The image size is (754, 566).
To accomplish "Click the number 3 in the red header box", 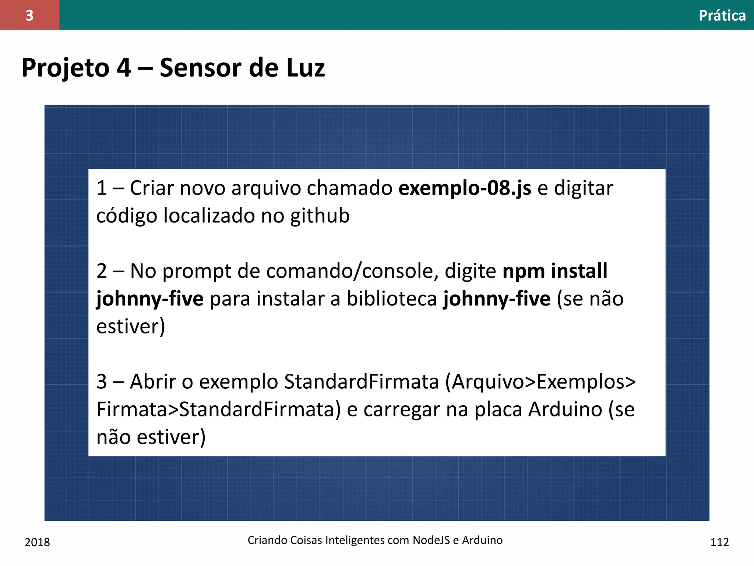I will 29,15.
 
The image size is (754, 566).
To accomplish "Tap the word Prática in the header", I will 722,15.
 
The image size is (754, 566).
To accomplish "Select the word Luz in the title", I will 305,68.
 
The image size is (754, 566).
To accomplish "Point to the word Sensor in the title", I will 201,68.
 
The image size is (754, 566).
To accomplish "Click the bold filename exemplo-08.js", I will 465,188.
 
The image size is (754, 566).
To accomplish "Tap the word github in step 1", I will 320,216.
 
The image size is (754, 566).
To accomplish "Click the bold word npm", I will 524,272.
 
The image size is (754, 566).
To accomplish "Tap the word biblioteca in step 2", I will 391,298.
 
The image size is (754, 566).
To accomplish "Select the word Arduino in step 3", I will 565,409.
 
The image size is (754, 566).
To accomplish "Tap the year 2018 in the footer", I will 37,542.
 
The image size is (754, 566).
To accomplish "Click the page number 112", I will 719,542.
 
